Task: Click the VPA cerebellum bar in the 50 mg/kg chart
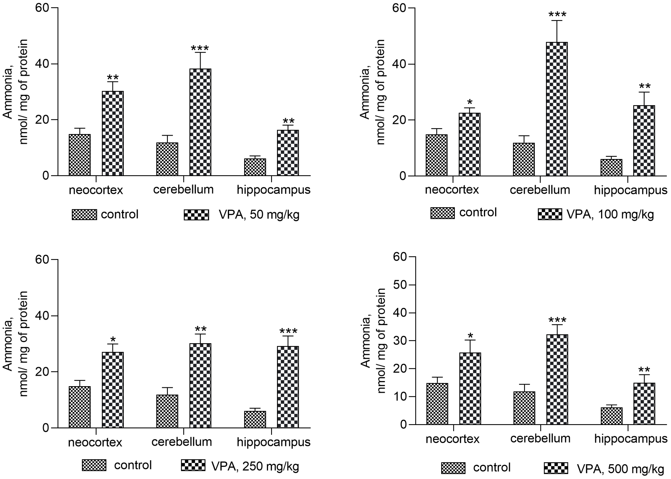tap(200, 122)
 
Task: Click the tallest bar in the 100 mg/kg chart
tap(556, 109)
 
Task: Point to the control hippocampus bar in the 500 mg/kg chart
tap(611, 416)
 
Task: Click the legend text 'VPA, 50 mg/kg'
tap(259, 215)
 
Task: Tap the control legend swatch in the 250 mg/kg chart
tap(94, 465)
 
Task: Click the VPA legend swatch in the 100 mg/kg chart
tap(550, 214)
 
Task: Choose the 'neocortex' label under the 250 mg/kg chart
tap(95, 442)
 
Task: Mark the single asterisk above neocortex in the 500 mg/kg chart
tap(470, 336)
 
